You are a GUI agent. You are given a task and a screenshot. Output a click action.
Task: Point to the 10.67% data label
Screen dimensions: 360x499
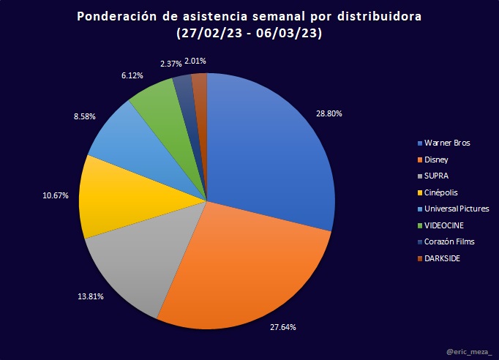click(x=48, y=195)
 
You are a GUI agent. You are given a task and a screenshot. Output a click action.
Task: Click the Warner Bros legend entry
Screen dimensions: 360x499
click(x=442, y=143)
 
